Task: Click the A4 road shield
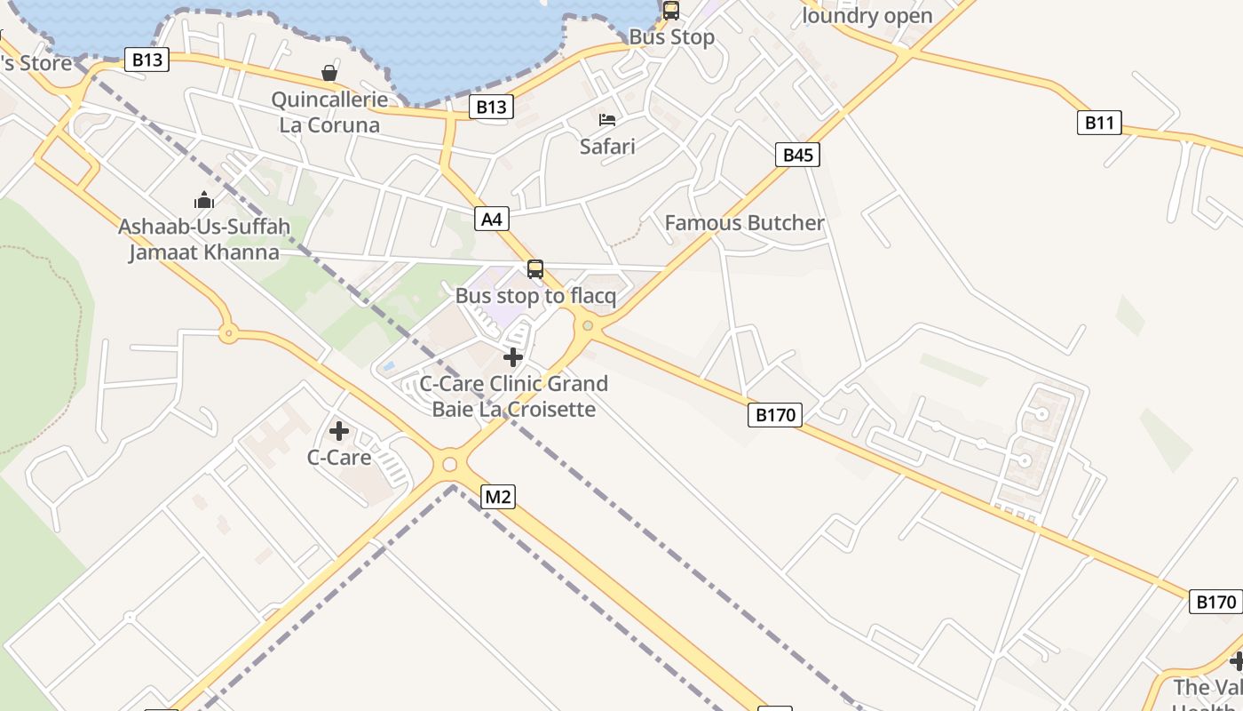[x=492, y=219]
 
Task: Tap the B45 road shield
[x=797, y=155]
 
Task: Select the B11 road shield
[x=1099, y=123]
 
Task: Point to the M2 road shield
[x=497, y=497]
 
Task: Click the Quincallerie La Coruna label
[x=329, y=112]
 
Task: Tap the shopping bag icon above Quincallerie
[x=329, y=73]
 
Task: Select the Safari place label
[x=607, y=146]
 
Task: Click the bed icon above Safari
[x=607, y=119]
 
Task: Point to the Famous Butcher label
[x=744, y=223]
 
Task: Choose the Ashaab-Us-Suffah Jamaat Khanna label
[x=204, y=240]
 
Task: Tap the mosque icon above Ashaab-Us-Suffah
[x=204, y=200]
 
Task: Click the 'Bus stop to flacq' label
[x=535, y=296]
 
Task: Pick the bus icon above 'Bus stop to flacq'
[x=535, y=268]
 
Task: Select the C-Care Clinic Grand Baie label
[x=513, y=396]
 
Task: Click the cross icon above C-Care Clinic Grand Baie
[x=513, y=357]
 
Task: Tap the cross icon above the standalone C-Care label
[x=338, y=431]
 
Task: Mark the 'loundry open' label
[x=867, y=16]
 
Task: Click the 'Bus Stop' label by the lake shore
[x=671, y=37]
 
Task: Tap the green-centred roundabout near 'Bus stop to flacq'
[x=587, y=326]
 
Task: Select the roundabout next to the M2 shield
[x=449, y=464]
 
